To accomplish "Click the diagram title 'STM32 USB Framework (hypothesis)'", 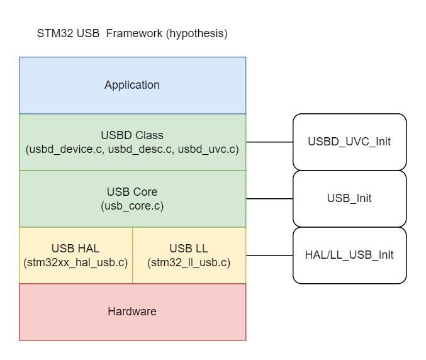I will click(x=132, y=34).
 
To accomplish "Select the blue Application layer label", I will click(x=132, y=85).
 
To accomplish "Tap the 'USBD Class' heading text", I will click(x=132, y=135).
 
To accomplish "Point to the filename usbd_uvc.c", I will click(x=209, y=150).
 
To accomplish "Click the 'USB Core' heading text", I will click(x=132, y=192).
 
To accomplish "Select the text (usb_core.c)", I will click(x=132, y=206).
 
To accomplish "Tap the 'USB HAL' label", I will click(x=76, y=249).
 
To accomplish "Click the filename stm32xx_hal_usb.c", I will click(x=76, y=262).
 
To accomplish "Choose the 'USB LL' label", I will click(x=189, y=249).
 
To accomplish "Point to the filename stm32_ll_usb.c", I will click(x=189, y=262).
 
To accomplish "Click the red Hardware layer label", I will click(x=132, y=312).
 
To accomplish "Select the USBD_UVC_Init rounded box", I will click(x=349, y=142).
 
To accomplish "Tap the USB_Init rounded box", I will click(x=349, y=198).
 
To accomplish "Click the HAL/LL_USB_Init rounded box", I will click(x=349, y=255).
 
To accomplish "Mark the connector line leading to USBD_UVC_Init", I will click(x=269, y=142).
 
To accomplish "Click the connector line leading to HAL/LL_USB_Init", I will click(x=269, y=255).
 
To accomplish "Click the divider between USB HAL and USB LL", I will click(x=133, y=255).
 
